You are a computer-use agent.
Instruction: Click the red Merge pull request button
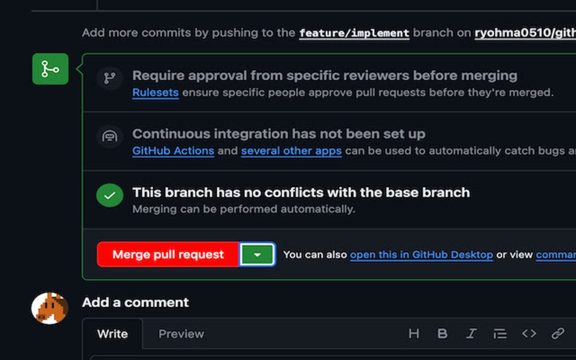pyautogui.click(x=168, y=254)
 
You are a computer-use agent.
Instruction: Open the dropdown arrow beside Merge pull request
pyautogui.click(x=258, y=254)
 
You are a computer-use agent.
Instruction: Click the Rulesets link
pyautogui.click(x=155, y=93)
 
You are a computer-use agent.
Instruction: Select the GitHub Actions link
pyautogui.click(x=173, y=151)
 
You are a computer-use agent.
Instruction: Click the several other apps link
pyautogui.click(x=291, y=151)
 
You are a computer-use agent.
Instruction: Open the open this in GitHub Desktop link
pyautogui.click(x=421, y=254)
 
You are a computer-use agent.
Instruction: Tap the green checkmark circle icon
pyautogui.click(x=110, y=195)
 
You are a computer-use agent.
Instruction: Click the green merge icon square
pyautogui.click(x=50, y=69)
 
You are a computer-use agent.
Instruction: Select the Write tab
pyautogui.click(x=112, y=333)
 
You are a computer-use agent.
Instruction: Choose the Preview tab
pyautogui.click(x=181, y=333)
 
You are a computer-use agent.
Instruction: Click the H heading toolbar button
pyautogui.click(x=413, y=333)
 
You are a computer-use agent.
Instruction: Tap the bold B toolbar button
pyautogui.click(x=442, y=333)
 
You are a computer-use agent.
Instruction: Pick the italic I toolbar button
pyautogui.click(x=471, y=333)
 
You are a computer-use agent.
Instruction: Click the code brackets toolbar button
pyautogui.click(x=529, y=333)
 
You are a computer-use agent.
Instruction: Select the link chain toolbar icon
pyautogui.click(x=557, y=333)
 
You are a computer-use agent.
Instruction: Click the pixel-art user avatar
pyautogui.click(x=50, y=308)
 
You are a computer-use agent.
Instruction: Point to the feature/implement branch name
pyautogui.click(x=354, y=33)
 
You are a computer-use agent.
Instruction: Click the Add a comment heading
pyautogui.click(x=136, y=302)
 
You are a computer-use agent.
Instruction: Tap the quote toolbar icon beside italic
pyautogui.click(x=500, y=333)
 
